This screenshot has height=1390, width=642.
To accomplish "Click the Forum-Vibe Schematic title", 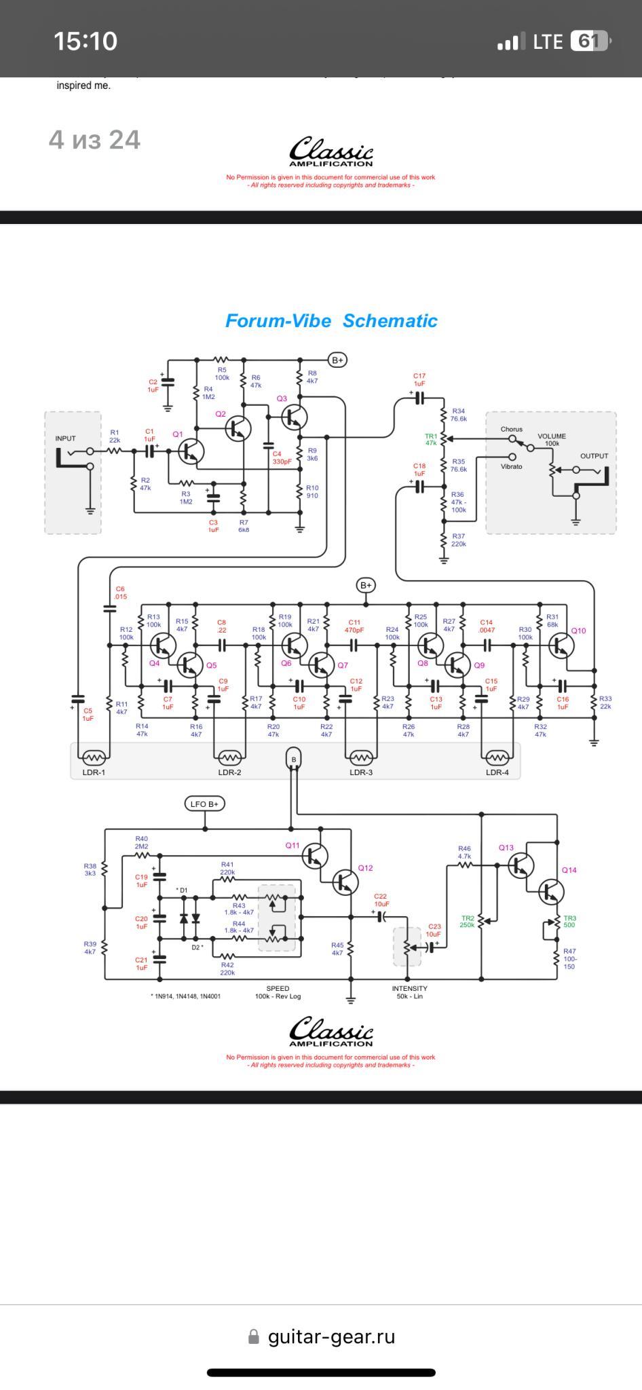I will point(331,321).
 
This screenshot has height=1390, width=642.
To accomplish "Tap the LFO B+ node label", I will point(204,804).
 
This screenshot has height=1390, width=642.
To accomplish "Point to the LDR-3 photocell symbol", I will point(361,757).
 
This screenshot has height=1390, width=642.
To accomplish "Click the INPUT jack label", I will point(66,438).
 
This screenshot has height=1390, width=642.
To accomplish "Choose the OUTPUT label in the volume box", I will point(594,456).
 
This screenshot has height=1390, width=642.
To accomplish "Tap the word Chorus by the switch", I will point(512,429).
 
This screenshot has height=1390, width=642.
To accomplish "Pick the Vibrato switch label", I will point(512,467).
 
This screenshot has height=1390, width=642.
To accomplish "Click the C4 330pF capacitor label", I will point(281,457).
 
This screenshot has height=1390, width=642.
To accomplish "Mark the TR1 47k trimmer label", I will point(431,439).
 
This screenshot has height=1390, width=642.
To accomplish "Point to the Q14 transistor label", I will point(569,870).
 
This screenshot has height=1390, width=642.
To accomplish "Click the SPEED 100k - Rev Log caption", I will point(278,992).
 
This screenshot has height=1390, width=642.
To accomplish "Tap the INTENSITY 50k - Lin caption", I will point(409,992).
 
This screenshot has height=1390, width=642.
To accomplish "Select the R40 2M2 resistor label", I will point(141,842).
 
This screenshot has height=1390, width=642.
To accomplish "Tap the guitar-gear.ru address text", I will point(331,1336).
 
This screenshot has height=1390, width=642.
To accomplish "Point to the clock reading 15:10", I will point(86,41).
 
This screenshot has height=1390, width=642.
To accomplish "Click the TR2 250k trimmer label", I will point(468,922).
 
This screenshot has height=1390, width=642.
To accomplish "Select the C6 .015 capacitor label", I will point(120,593).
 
